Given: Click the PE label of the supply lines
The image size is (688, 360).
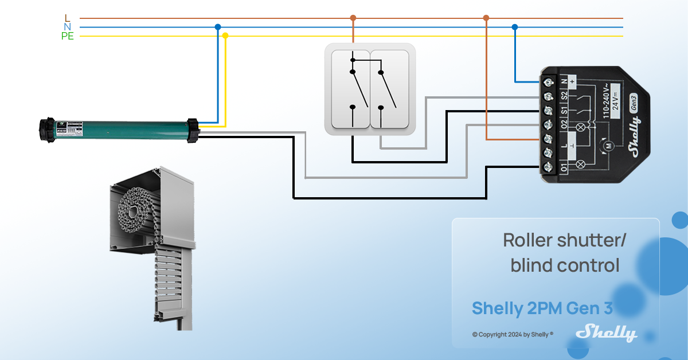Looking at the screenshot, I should (68, 37).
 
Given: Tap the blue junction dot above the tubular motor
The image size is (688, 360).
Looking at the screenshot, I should (217, 27).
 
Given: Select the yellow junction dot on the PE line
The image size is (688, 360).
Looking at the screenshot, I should (225, 36).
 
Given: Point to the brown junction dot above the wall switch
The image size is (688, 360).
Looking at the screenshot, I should (353, 18).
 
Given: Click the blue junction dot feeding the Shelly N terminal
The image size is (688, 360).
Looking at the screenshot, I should (514, 27).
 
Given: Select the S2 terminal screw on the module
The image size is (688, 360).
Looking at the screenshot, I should (548, 96).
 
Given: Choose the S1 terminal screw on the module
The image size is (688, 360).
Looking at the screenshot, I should (548, 111).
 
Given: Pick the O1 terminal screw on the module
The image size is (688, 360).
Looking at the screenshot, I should (548, 167).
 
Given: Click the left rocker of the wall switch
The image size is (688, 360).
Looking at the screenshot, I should (349, 89).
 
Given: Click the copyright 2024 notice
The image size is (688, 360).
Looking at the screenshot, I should (513, 334).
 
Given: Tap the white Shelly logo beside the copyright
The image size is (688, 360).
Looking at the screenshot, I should (607, 333).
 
